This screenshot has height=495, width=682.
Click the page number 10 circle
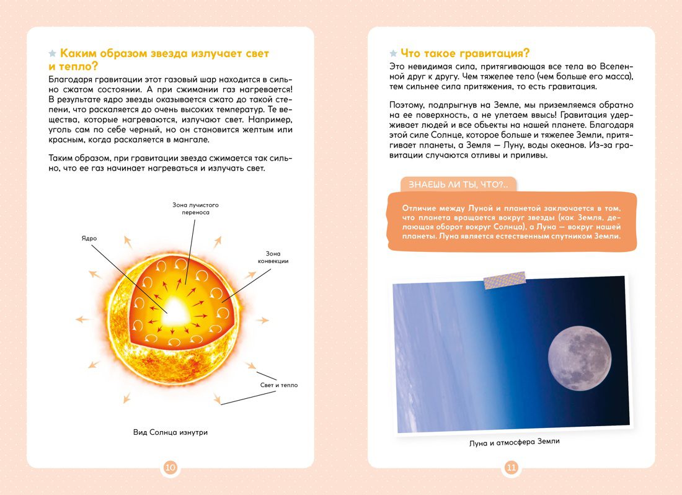(170, 467)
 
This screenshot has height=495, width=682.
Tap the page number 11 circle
(511, 467)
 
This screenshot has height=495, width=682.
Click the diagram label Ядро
(89, 238)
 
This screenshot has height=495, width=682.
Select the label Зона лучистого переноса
(196, 208)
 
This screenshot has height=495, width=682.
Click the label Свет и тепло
(279, 385)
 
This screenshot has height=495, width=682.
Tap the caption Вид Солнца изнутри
(170, 432)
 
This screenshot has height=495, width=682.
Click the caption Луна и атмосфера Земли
(511, 442)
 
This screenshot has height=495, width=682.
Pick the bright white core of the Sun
(175, 308)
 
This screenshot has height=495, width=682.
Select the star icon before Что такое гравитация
(393, 53)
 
